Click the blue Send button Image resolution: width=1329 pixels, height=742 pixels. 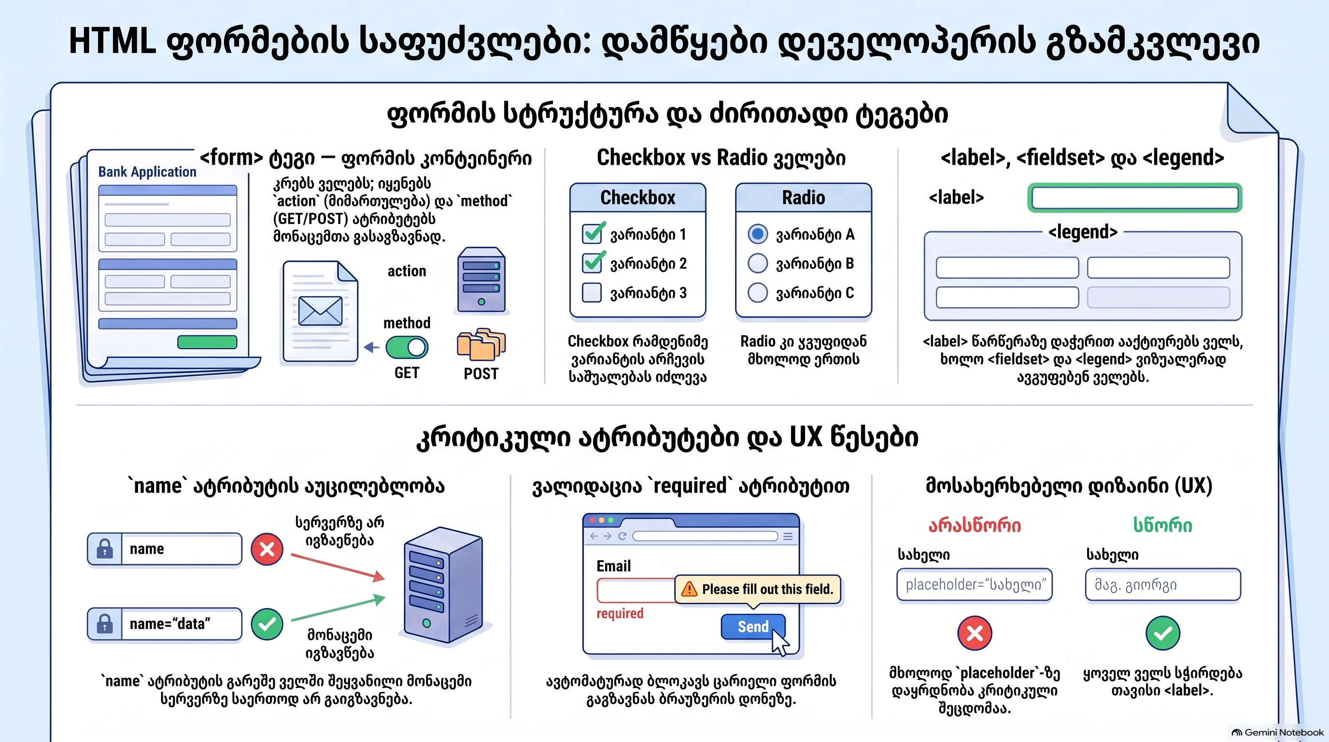coord(753,627)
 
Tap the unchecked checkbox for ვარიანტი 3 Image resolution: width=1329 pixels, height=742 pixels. coord(592,293)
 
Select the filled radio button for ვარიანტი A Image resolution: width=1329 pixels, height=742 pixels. coord(757,234)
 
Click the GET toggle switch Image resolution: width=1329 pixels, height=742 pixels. coord(407,347)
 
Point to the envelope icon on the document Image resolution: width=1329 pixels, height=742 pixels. coord(320,311)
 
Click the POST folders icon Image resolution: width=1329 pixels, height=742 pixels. coord(481,344)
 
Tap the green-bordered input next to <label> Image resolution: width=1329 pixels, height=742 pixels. coord(1134,198)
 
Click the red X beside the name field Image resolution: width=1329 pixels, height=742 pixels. coord(267,549)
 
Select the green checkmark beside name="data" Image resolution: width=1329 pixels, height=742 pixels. coord(267,624)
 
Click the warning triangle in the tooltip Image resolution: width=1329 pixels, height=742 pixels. coord(689,589)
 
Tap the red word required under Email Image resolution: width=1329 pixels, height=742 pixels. coord(620,614)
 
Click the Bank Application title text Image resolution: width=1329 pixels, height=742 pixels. coord(148,172)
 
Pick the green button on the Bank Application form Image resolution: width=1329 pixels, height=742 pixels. coord(207,342)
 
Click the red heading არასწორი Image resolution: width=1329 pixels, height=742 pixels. coord(975,525)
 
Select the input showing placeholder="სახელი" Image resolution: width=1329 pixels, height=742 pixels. coord(975,585)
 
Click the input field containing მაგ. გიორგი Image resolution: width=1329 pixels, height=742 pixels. coord(1163,585)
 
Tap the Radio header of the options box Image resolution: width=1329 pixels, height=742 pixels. coord(803,198)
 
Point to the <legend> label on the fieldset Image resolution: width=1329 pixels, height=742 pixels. coord(1083,232)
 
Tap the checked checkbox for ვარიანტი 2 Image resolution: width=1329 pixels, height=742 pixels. coord(592,263)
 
